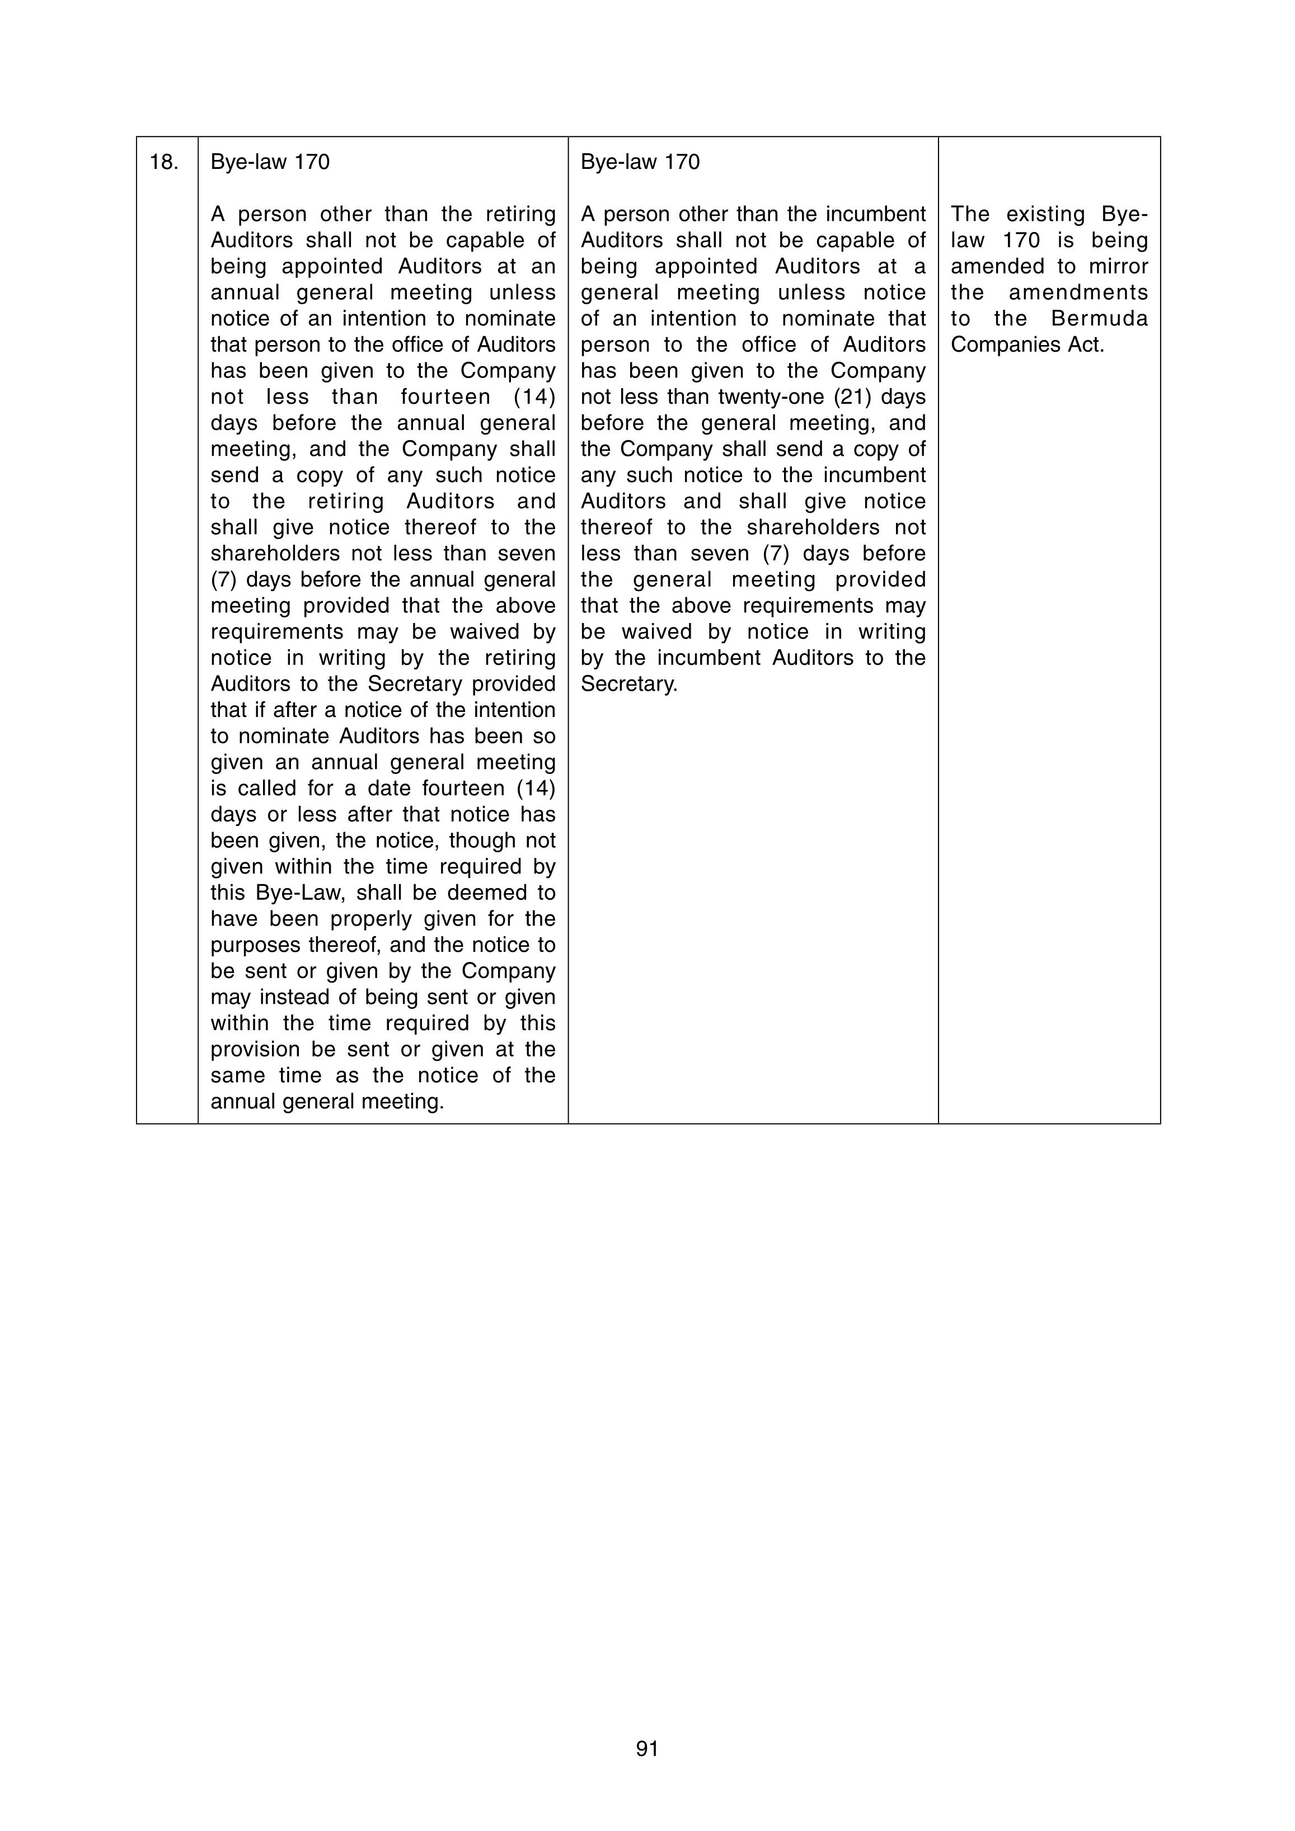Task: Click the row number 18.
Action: pos(163,163)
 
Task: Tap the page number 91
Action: pos(647,1748)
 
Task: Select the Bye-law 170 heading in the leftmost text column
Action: pos(270,163)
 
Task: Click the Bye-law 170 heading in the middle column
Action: pos(640,163)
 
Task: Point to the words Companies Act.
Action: pos(1027,345)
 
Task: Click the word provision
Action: pos(261,1050)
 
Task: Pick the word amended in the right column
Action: pos(994,266)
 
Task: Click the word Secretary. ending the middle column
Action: pos(628,684)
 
